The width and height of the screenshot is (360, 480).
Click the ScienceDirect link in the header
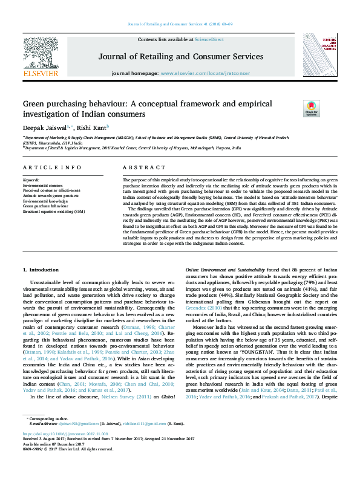click(209, 39)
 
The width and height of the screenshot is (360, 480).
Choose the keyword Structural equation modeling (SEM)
click(53, 212)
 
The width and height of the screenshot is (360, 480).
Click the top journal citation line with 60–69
click(180, 24)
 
